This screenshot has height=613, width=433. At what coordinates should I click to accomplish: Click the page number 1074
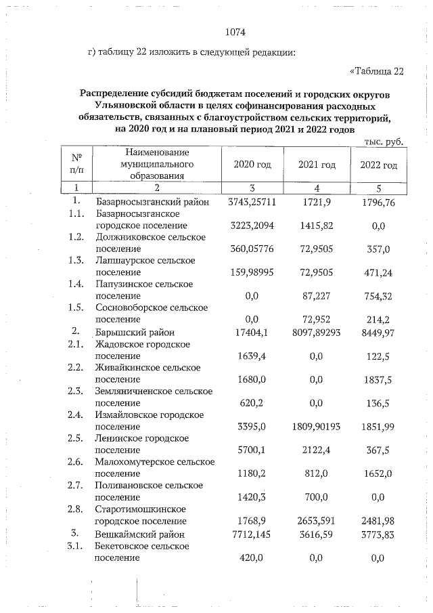[233, 31]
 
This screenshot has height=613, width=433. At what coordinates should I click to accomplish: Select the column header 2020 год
[252, 165]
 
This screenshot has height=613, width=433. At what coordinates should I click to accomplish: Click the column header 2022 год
[378, 165]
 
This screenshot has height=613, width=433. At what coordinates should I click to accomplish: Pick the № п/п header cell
[76, 165]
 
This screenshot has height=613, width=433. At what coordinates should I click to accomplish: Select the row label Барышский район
[135, 333]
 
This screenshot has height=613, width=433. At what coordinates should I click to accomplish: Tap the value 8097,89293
[317, 333]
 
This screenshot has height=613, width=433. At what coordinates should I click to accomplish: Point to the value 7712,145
[252, 534]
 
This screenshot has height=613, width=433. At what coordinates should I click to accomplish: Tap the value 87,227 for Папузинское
[317, 295]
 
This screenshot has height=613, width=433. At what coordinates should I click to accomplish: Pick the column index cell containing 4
[317, 188]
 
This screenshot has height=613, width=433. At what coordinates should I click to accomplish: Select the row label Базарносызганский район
[153, 203]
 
